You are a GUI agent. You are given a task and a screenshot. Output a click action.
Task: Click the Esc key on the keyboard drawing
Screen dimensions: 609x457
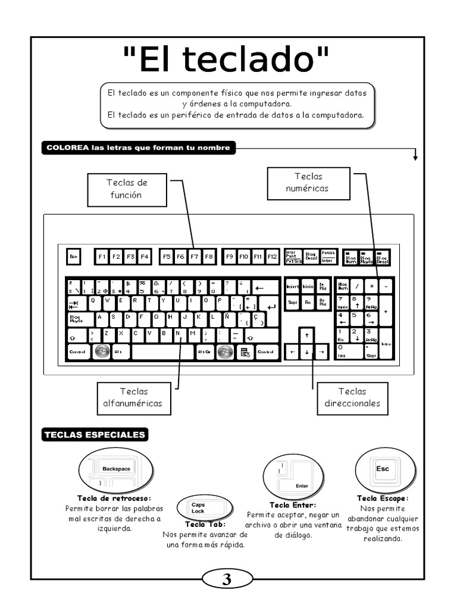[73, 256]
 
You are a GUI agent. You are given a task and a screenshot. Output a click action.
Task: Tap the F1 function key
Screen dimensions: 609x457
[102, 256]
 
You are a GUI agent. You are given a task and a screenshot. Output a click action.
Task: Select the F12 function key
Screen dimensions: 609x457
[273, 256]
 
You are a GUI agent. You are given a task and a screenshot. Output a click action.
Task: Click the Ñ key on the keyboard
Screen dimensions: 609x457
[227, 317]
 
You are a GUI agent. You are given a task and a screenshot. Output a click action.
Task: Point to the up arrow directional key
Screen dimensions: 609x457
[306, 335]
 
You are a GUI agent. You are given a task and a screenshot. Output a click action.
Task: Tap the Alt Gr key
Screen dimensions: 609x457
[204, 352]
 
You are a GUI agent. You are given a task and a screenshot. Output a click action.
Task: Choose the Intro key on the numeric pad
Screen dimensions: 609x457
[386, 344]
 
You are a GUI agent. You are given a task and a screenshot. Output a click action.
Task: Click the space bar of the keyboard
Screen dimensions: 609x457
[163, 352]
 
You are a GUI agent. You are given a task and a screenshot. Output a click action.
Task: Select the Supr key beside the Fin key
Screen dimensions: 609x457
[293, 302]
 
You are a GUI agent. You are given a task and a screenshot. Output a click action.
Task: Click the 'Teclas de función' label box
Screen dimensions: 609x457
[127, 189]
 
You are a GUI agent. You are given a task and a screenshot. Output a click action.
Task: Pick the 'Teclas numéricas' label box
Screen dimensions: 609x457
[308, 183]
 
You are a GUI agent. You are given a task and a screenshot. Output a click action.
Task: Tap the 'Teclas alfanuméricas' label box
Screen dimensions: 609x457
[133, 398]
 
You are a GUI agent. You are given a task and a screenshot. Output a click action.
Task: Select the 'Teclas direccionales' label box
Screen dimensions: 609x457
[352, 398]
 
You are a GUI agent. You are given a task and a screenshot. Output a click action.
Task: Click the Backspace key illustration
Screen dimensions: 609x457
[116, 469]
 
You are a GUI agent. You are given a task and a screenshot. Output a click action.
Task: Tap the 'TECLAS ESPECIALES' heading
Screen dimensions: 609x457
[94, 435]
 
